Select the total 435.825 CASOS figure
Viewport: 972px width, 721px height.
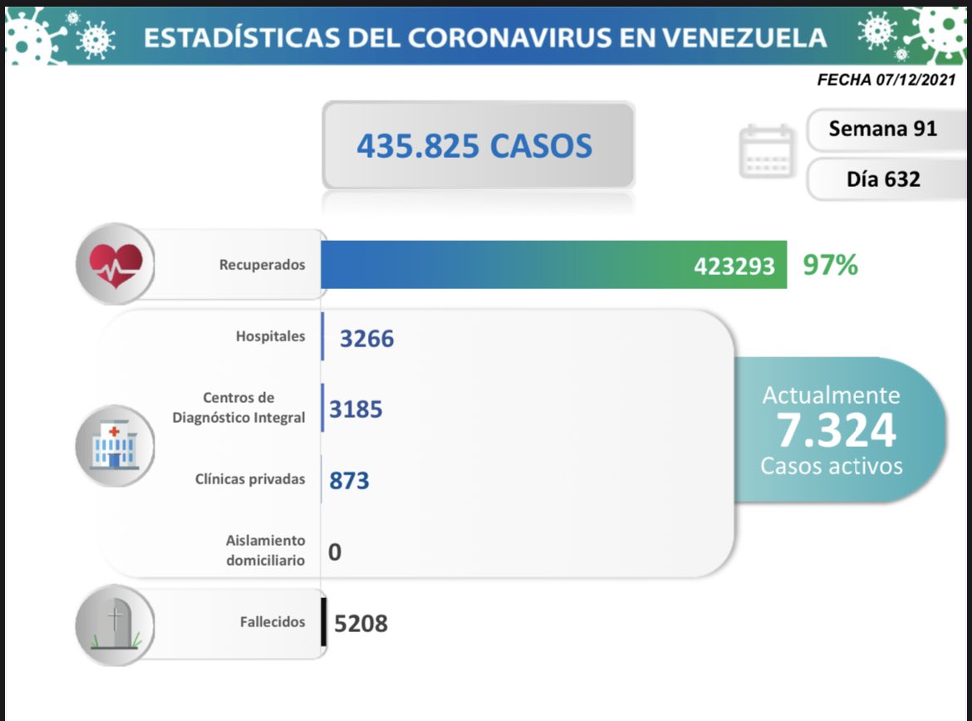tap(474, 146)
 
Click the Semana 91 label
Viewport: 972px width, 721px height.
tap(882, 129)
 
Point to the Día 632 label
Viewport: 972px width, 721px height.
tap(883, 179)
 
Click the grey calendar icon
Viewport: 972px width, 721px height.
tap(767, 151)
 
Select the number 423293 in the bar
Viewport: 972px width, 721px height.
tap(734, 266)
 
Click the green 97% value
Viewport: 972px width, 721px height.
tap(830, 266)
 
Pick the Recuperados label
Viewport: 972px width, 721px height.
tap(262, 265)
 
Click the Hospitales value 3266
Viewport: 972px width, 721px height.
tap(366, 338)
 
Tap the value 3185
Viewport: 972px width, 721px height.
tap(356, 409)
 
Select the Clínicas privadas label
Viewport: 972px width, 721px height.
tap(249, 479)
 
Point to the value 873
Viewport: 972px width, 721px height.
tap(349, 480)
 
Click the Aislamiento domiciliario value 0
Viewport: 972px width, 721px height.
tap(334, 552)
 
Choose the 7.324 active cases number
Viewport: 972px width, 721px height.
tap(836, 430)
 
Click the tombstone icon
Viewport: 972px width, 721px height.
tap(115, 623)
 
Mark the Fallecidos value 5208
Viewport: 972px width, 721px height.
tap(361, 623)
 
